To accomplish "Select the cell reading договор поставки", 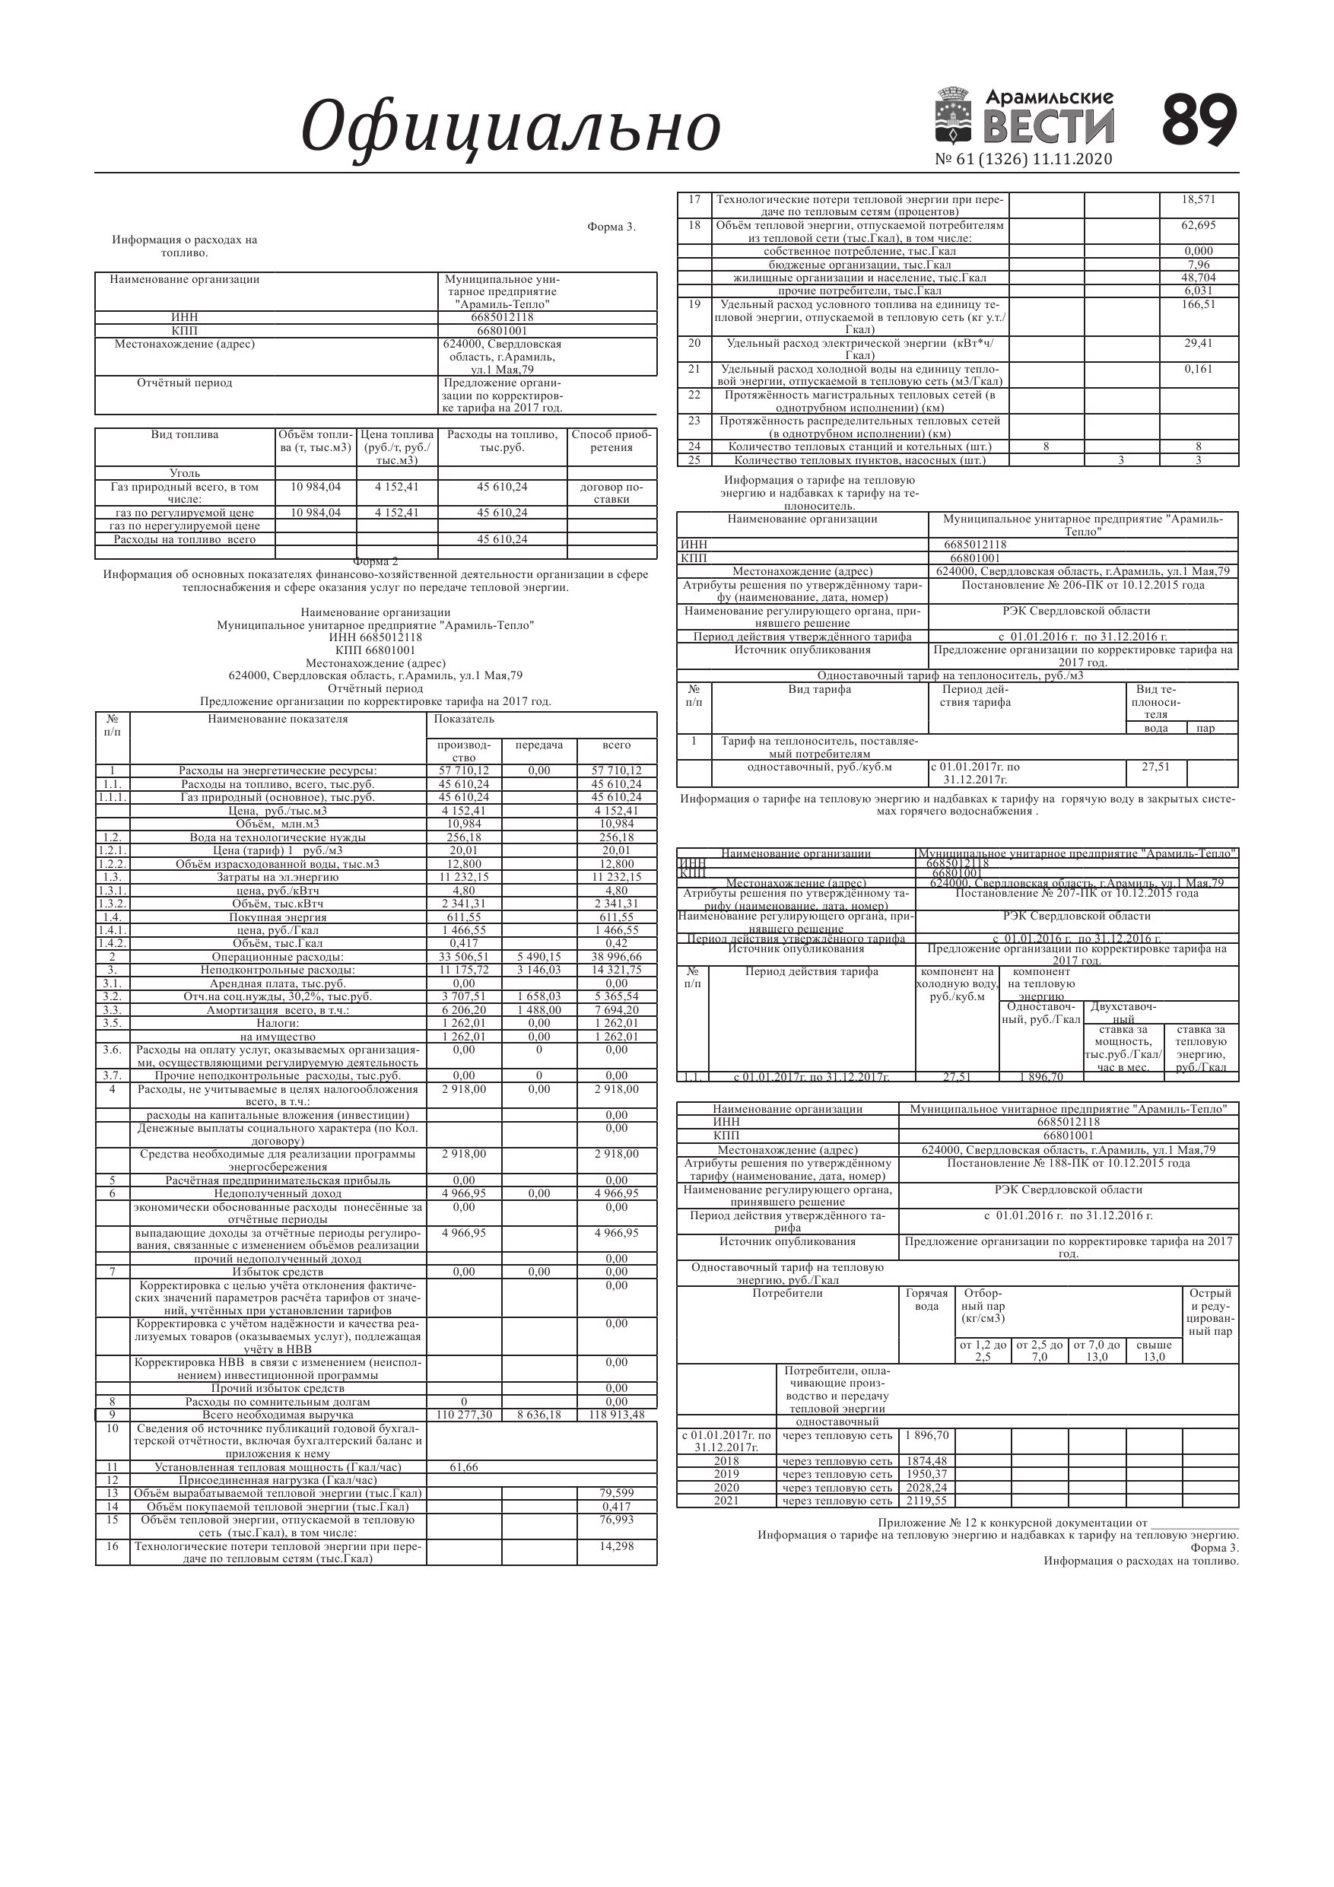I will pos(611,492).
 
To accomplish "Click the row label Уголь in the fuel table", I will pos(184,473).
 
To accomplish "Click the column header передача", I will pos(538,745).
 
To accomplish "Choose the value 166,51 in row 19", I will pos(1199,304).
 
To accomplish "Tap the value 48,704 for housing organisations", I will pos(1199,278).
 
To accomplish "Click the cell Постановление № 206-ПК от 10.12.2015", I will pos(1082,585).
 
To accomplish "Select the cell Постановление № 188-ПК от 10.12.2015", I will pos(1068,1163).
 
